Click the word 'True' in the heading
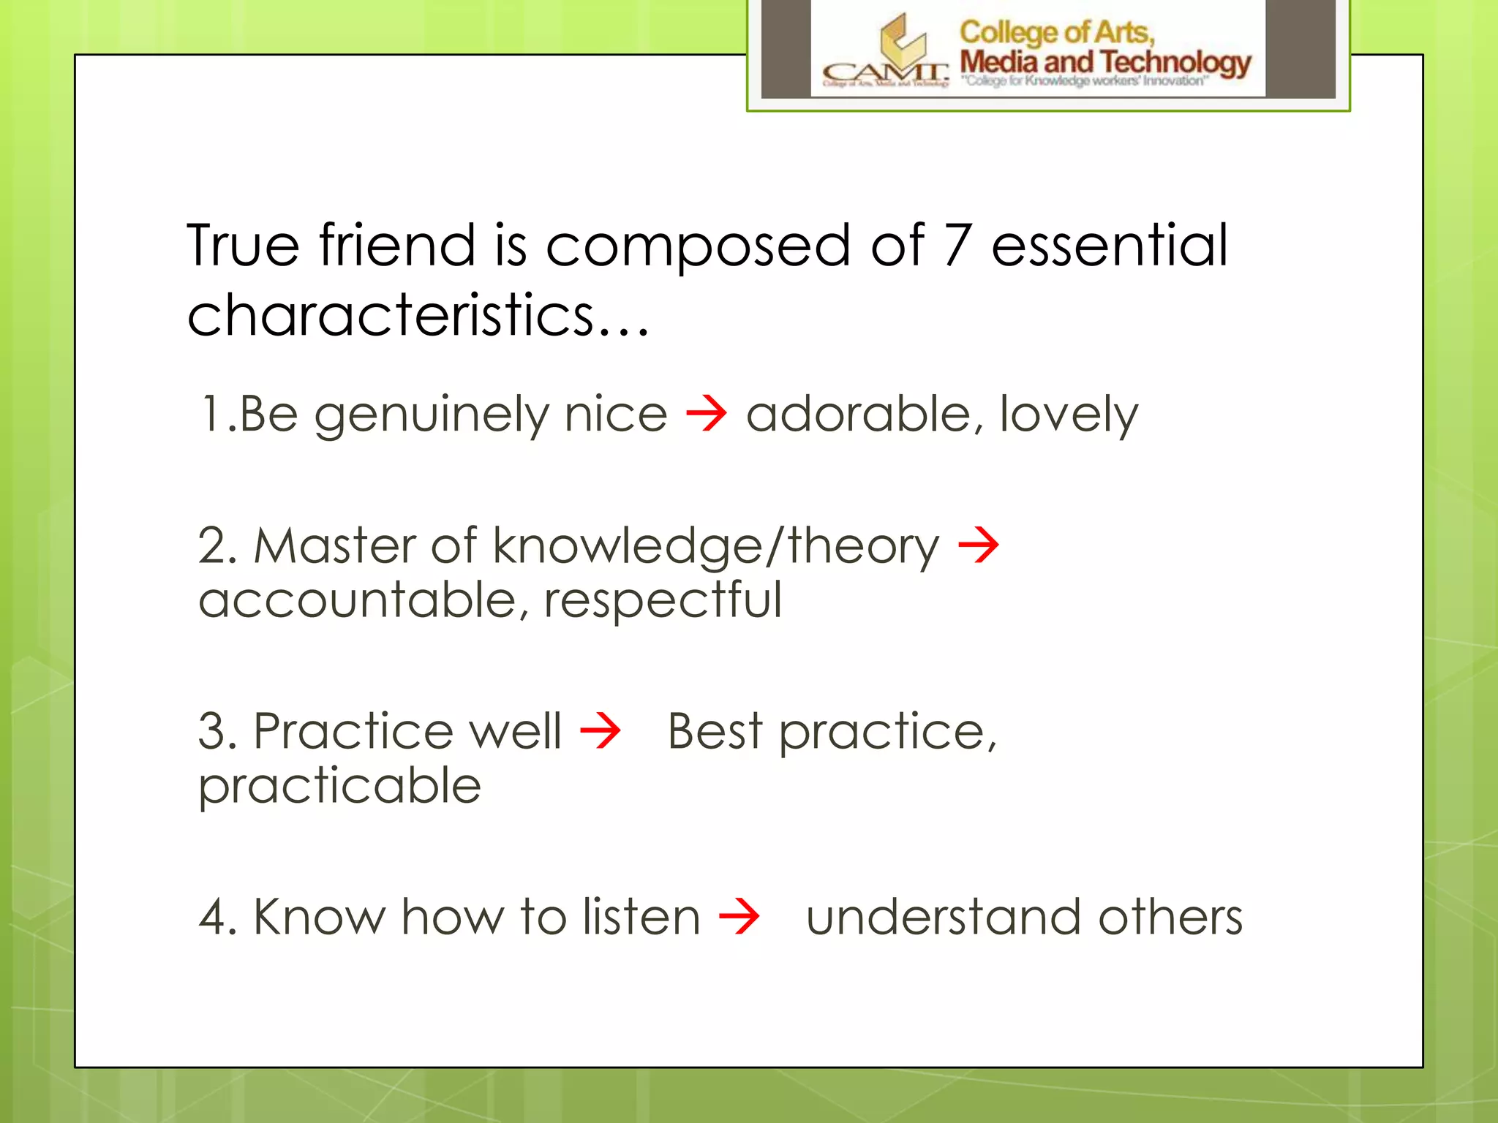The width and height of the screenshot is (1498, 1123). pyautogui.click(x=243, y=246)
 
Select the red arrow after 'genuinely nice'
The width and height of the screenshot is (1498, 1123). pyautogui.click(x=707, y=414)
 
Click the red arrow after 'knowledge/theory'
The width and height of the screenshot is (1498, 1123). pyautogui.click(x=979, y=545)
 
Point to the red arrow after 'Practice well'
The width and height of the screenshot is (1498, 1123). pyautogui.click(x=601, y=730)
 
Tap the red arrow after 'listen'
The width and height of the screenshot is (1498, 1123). pyautogui.click(x=739, y=916)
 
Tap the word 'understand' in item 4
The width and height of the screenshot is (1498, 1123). pyautogui.click(x=942, y=916)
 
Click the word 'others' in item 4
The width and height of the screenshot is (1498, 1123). pyautogui.click(x=1170, y=916)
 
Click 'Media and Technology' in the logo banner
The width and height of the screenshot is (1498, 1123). pyautogui.click(x=1104, y=62)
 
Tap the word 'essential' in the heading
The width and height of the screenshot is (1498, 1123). pyautogui.click(x=1109, y=246)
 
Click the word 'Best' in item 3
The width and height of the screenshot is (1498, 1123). pyautogui.click(x=715, y=730)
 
